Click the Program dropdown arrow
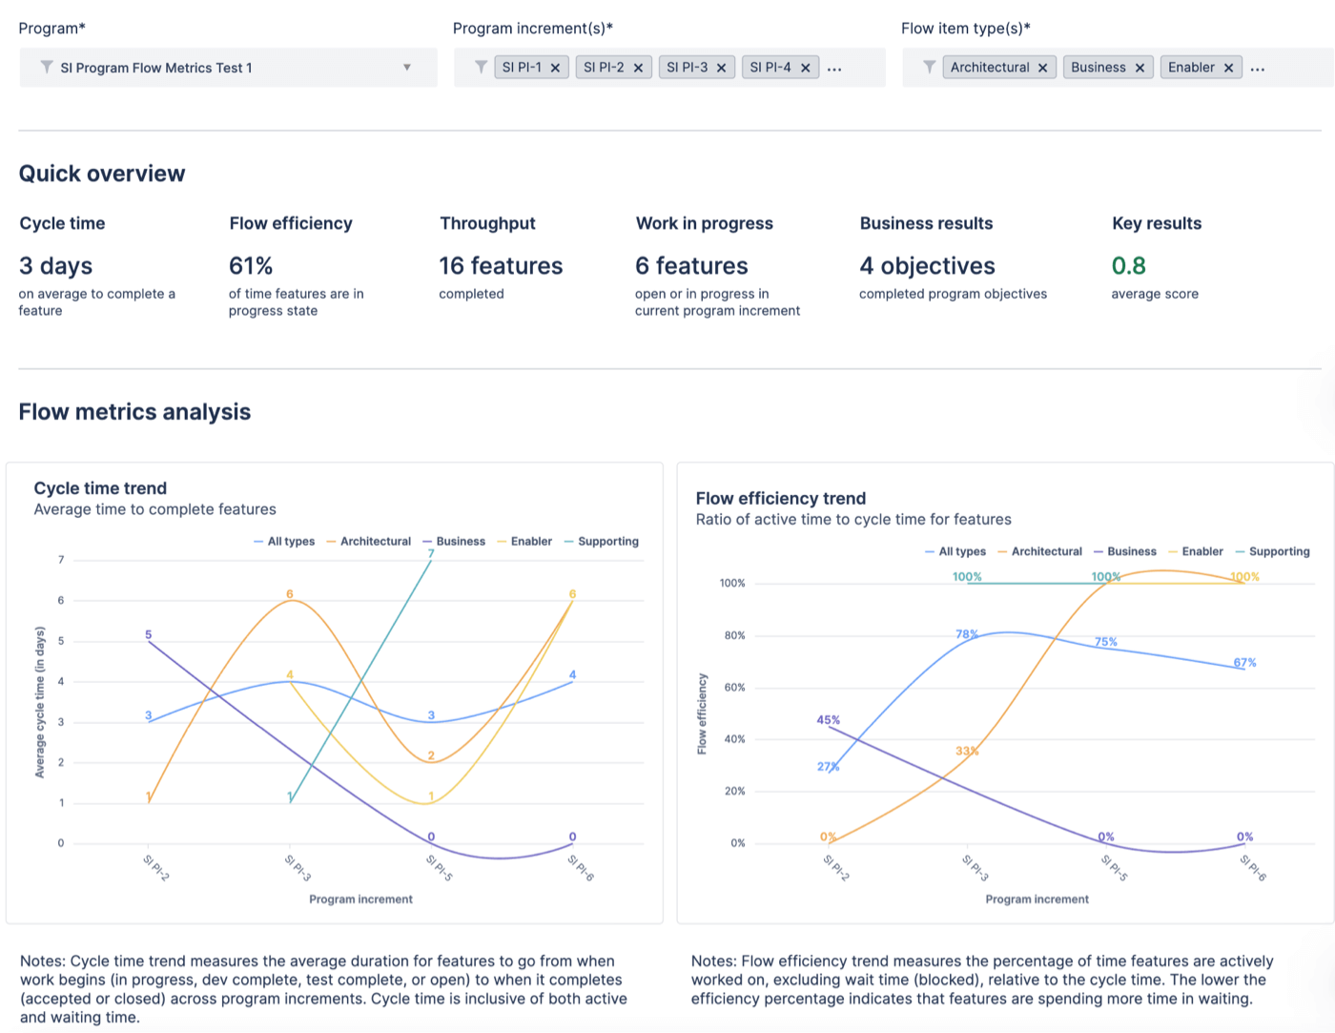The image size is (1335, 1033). click(x=407, y=68)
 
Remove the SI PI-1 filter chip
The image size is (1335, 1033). click(x=555, y=68)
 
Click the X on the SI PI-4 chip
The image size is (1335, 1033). click(x=805, y=68)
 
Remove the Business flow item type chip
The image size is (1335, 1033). click(x=1140, y=68)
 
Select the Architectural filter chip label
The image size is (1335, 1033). click(x=989, y=68)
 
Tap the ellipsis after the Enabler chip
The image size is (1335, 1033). click(x=1258, y=69)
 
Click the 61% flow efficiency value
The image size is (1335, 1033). click(x=251, y=266)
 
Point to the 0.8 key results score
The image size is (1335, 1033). click(x=1128, y=266)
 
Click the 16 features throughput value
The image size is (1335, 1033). click(x=501, y=266)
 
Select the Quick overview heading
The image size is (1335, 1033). click(x=102, y=174)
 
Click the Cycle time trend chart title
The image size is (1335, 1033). click(x=100, y=488)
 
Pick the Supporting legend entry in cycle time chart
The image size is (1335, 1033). click(x=607, y=542)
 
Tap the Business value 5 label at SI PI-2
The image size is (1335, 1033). click(x=148, y=634)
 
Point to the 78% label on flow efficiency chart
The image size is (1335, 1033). click(x=967, y=634)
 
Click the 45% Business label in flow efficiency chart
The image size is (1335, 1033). click(x=828, y=720)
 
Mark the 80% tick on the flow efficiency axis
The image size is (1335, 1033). click(x=734, y=635)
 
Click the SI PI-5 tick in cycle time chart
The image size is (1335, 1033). click(x=439, y=867)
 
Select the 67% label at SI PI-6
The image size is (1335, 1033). click(x=1244, y=662)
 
